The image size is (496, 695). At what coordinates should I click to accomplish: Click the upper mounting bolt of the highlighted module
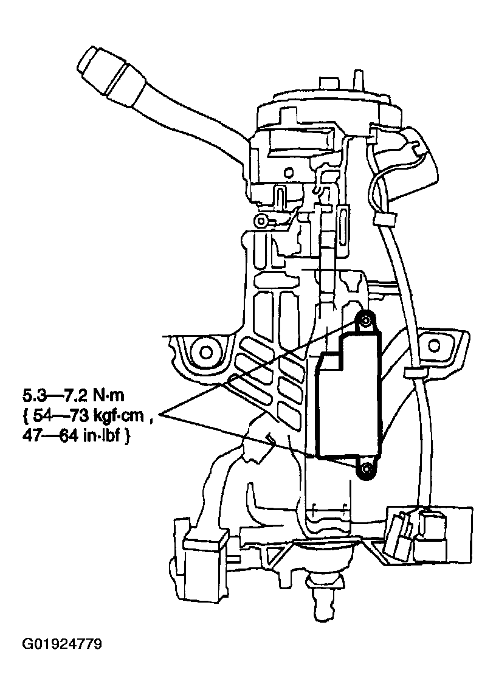click(365, 320)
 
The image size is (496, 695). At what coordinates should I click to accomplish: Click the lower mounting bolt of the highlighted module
click(366, 469)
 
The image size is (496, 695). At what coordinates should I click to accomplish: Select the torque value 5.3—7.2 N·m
click(73, 396)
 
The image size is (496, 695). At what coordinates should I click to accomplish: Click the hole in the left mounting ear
click(205, 351)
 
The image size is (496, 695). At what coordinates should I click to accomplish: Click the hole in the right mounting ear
click(433, 345)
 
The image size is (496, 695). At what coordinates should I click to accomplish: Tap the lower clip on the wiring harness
click(415, 372)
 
